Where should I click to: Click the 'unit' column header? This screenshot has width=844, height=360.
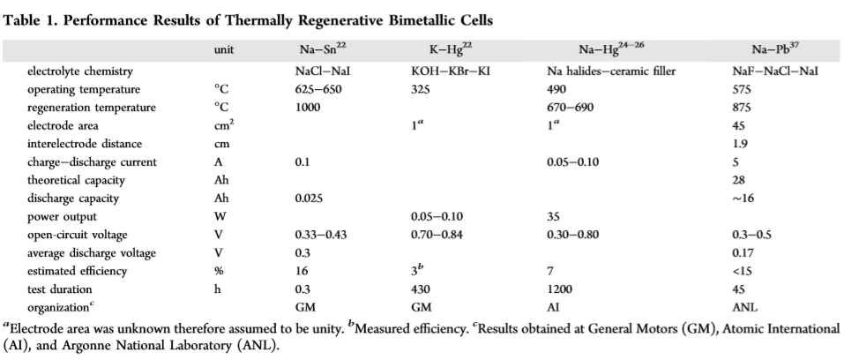pyautogui.click(x=224, y=51)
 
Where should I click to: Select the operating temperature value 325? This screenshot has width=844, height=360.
pyautogui.click(x=422, y=89)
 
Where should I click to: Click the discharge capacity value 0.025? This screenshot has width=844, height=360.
pyautogui.click(x=310, y=199)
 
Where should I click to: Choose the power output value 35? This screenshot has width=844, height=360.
pyautogui.click(x=555, y=216)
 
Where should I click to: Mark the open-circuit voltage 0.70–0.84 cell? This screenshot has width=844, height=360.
pyautogui.click(x=441, y=235)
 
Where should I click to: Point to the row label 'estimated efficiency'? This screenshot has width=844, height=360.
pyautogui.click(x=76, y=271)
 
